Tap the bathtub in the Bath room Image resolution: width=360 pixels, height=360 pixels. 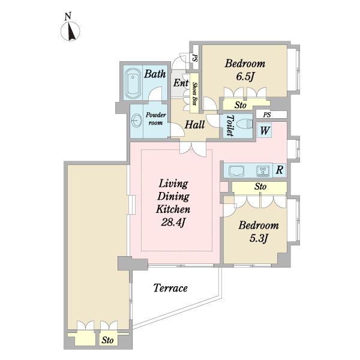tap(133, 83)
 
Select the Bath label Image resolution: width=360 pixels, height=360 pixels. tap(155, 74)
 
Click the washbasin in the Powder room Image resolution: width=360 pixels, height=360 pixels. tap(136, 121)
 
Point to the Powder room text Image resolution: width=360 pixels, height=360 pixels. tap(155, 118)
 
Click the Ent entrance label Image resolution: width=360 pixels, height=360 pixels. tap(181, 83)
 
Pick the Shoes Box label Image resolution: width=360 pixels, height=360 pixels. tap(194, 94)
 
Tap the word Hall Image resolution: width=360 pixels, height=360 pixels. tap(194, 125)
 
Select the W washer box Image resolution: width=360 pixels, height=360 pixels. tap(265, 130)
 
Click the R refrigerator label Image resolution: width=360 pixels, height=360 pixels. tap(280, 170)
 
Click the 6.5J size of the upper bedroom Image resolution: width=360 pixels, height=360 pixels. tap(245, 76)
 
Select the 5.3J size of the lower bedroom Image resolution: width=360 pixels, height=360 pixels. tap(259, 238)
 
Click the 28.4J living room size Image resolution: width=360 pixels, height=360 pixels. tap(173, 222)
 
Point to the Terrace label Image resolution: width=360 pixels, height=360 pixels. tap(170, 288)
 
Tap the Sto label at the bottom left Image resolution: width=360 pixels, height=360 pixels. tap(107, 340)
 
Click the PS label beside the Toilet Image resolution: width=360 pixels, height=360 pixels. tap(267, 115)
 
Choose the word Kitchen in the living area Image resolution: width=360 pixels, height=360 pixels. tap(173, 209)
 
